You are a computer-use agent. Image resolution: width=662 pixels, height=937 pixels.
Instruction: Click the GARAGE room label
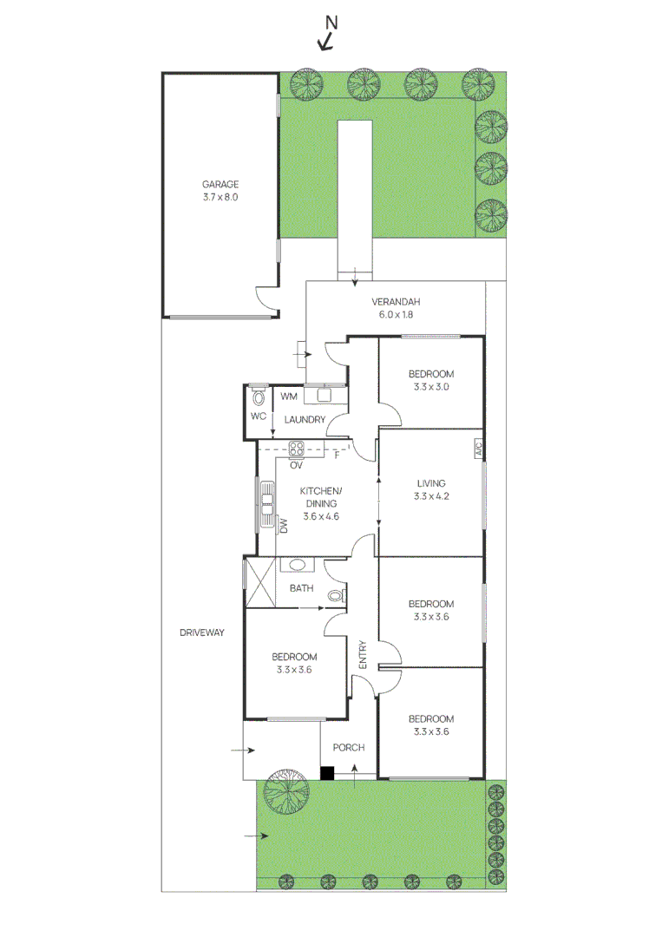(220, 184)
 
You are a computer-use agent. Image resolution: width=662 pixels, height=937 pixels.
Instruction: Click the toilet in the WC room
(258, 398)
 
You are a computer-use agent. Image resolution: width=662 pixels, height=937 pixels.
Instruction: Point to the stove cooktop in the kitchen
(297, 449)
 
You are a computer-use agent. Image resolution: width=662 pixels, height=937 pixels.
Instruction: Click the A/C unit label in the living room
(477, 449)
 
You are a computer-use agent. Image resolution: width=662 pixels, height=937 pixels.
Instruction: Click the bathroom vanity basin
(298, 564)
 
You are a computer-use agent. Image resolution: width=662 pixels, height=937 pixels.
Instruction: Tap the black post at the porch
(327, 772)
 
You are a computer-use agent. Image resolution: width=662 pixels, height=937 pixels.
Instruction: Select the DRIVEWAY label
(202, 632)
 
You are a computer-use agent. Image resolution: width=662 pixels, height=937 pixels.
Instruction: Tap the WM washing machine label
(288, 396)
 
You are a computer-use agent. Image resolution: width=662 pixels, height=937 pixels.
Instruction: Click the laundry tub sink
(325, 396)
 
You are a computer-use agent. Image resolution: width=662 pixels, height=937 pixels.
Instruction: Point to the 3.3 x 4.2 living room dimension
(431, 497)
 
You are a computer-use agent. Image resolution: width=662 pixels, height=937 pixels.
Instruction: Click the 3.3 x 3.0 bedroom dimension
(431, 388)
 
